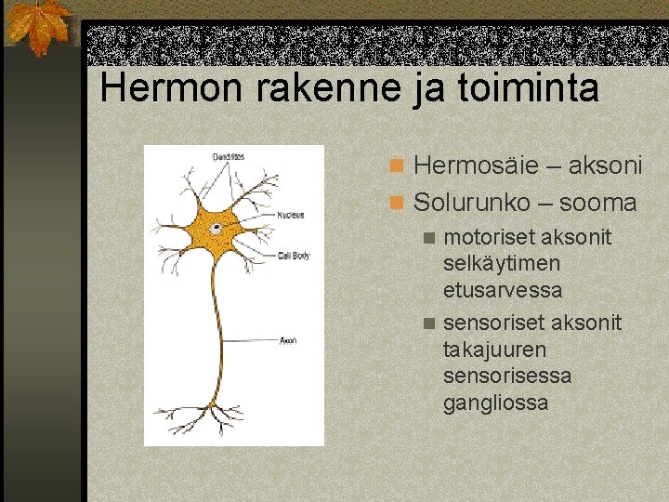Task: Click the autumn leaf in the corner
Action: click(x=37, y=25)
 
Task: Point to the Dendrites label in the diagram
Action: click(x=228, y=156)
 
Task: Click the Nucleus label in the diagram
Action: click(x=291, y=215)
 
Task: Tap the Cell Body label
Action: click(x=294, y=255)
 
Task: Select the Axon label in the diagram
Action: click(x=288, y=340)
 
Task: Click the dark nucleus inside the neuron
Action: click(x=216, y=228)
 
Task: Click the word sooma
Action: click(x=599, y=202)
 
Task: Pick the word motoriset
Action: click(x=488, y=237)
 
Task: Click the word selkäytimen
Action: click(x=502, y=263)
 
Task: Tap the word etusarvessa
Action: click(x=503, y=290)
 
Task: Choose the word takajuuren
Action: click(x=495, y=350)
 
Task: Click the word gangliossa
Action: click(x=496, y=403)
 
